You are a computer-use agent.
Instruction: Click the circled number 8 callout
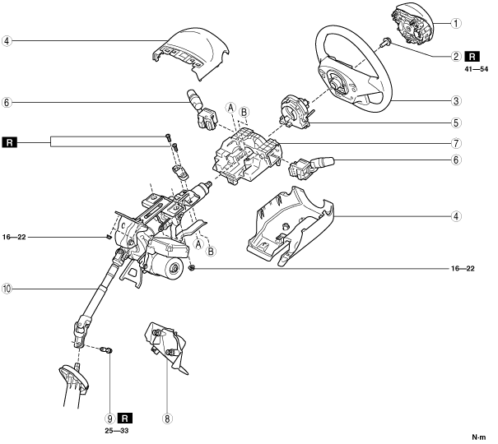click(167, 419)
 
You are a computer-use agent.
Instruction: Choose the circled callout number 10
click(7, 289)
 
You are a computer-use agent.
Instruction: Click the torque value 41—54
click(472, 70)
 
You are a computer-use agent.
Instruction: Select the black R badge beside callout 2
click(472, 57)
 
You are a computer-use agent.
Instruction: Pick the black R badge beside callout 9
click(126, 418)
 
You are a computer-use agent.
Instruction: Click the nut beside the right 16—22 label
click(191, 268)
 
